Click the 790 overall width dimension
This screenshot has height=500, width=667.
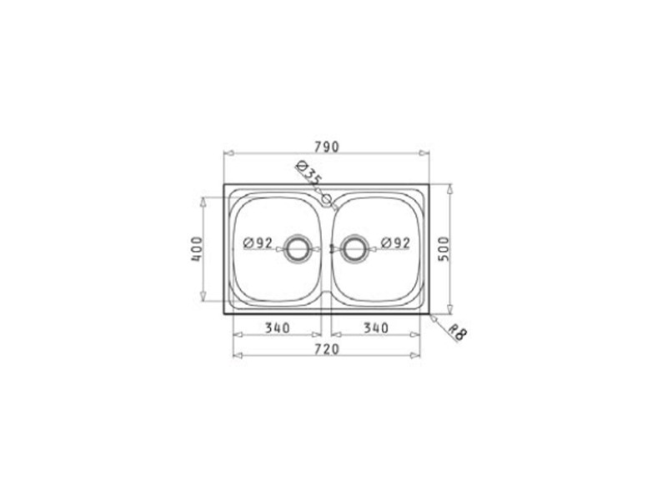point(327,147)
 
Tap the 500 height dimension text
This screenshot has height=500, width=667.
point(444,249)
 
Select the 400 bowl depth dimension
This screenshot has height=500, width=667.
point(197,249)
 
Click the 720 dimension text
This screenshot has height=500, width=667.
point(327,349)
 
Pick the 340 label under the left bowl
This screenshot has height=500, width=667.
point(278,327)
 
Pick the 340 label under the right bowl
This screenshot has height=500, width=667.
point(376,327)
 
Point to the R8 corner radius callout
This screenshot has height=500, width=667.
point(458,332)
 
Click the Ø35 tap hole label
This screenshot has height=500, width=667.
point(308,172)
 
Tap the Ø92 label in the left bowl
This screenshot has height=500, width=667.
point(258,242)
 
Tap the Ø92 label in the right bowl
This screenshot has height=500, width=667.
point(395,242)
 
